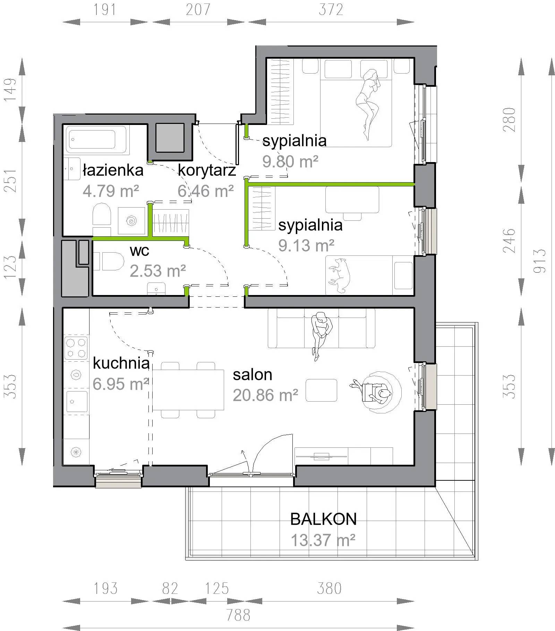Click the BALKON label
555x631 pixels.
click(x=323, y=519)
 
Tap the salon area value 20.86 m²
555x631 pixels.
click(x=265, y=395)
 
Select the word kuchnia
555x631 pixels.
click(x=121, y=363)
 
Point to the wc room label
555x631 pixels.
click(x=139, y=251)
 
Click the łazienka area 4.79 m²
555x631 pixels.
click(x=111, y=191)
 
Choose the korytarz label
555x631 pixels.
click(x=207, y=170)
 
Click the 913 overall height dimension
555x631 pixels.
click(x=540, y=261)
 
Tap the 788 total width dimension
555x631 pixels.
click(x=238, y=615)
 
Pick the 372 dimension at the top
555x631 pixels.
click(x=331, y=10)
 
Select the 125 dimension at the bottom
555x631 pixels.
click(x=217, y=588)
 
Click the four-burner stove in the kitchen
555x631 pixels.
click(x=76, y=348)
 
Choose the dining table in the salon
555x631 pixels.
click(x=188, y=390)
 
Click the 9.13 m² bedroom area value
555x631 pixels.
click(x=306, y=245)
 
